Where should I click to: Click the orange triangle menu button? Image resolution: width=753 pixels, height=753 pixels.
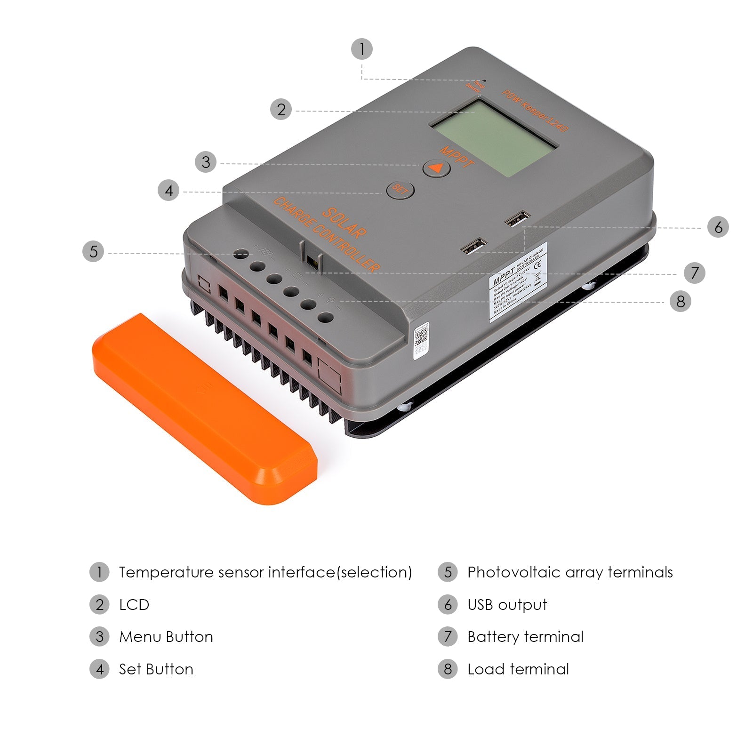pyautogui.click(x=437, y=168)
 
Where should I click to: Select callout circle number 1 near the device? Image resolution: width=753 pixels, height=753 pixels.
pyautogui.click(x=362, y=49)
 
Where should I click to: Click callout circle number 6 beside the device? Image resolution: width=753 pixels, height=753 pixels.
pyautogui.click(x=718, y=227)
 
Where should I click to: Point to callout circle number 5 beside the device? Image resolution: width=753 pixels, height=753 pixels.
pyautogui.click(x=93, y=251)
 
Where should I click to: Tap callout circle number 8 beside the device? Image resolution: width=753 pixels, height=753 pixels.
pyautogui.click(x=680, y=301)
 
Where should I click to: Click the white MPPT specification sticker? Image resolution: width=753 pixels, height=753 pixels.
pyautogui.click(x=518, y=282)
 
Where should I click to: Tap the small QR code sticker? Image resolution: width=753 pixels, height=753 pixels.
pyautogui.click(x=421, y=341)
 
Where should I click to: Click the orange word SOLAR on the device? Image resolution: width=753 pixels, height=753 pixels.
pyautogui.click(x=344, y=222)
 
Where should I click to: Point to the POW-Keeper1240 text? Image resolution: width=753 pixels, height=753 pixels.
pyautogui.click(x=535, y=111)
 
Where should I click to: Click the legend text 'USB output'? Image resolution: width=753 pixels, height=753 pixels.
pyautogui.click(x=507, y=605)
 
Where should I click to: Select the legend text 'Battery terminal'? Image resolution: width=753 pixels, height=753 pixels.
pyautogui.click(x=525, y=637)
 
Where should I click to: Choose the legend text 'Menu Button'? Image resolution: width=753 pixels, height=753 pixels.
pyautogui.click(x=166, y=637)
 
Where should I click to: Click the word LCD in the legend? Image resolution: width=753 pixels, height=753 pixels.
pyautogui.click(x=134, y=605)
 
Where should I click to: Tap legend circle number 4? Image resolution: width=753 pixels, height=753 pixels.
pyautogui.click(x=99, y=669)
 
